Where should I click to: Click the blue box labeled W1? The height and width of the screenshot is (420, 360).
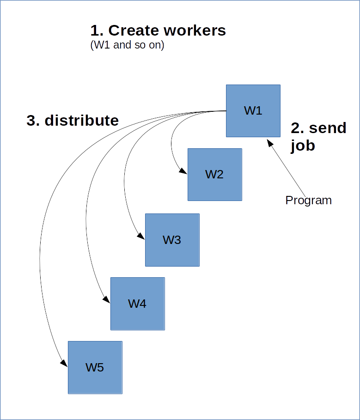point(253,111)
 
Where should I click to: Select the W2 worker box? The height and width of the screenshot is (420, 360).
point(214,174)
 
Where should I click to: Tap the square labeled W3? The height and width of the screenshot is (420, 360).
point(172,240)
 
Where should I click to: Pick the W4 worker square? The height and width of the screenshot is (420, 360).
point(137,304)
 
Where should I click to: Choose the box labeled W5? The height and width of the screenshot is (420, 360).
point(95,367)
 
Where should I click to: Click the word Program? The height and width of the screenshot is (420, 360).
point(308,200)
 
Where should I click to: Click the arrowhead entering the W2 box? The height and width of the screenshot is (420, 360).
point(184,172)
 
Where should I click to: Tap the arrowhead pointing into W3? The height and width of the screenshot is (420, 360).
point(142,237)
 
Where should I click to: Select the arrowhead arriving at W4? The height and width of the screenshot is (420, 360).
point(107,300)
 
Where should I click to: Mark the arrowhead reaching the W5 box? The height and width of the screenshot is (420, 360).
point(65,365)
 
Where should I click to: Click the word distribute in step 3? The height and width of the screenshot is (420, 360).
point(81,121)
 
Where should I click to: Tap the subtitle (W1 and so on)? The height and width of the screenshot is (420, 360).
point(127,46)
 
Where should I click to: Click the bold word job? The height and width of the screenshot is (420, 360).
point(303,146)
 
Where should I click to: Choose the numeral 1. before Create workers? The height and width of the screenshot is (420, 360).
point(97,30)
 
